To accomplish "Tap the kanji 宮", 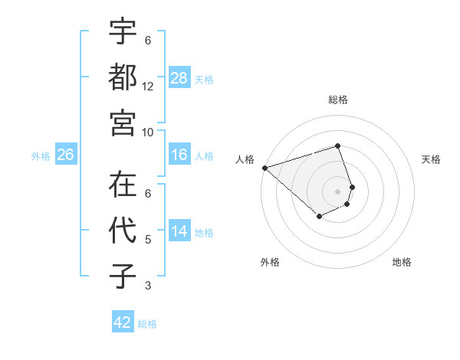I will coord(123,120).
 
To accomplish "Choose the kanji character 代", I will coord(123,231).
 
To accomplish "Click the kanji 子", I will coord(123,276).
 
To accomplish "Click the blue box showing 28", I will coord(179,78).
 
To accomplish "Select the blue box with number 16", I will coord(179,155).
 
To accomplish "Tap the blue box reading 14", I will coord(179,232).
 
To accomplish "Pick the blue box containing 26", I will coord(65,155).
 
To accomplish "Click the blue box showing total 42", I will coord(123,322).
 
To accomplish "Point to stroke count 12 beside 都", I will coord(148,87).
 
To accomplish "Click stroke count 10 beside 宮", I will coord(148,131).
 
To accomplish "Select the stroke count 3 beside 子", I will coord(148,286).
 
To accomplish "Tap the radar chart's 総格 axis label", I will coord(337,100).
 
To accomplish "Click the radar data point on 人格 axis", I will coord(264,167).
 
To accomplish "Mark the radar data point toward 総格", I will coord(337,146).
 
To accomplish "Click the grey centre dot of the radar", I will coord(337,191).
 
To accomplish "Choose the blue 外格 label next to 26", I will coord(41,156).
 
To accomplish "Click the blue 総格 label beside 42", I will coord(147,323).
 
